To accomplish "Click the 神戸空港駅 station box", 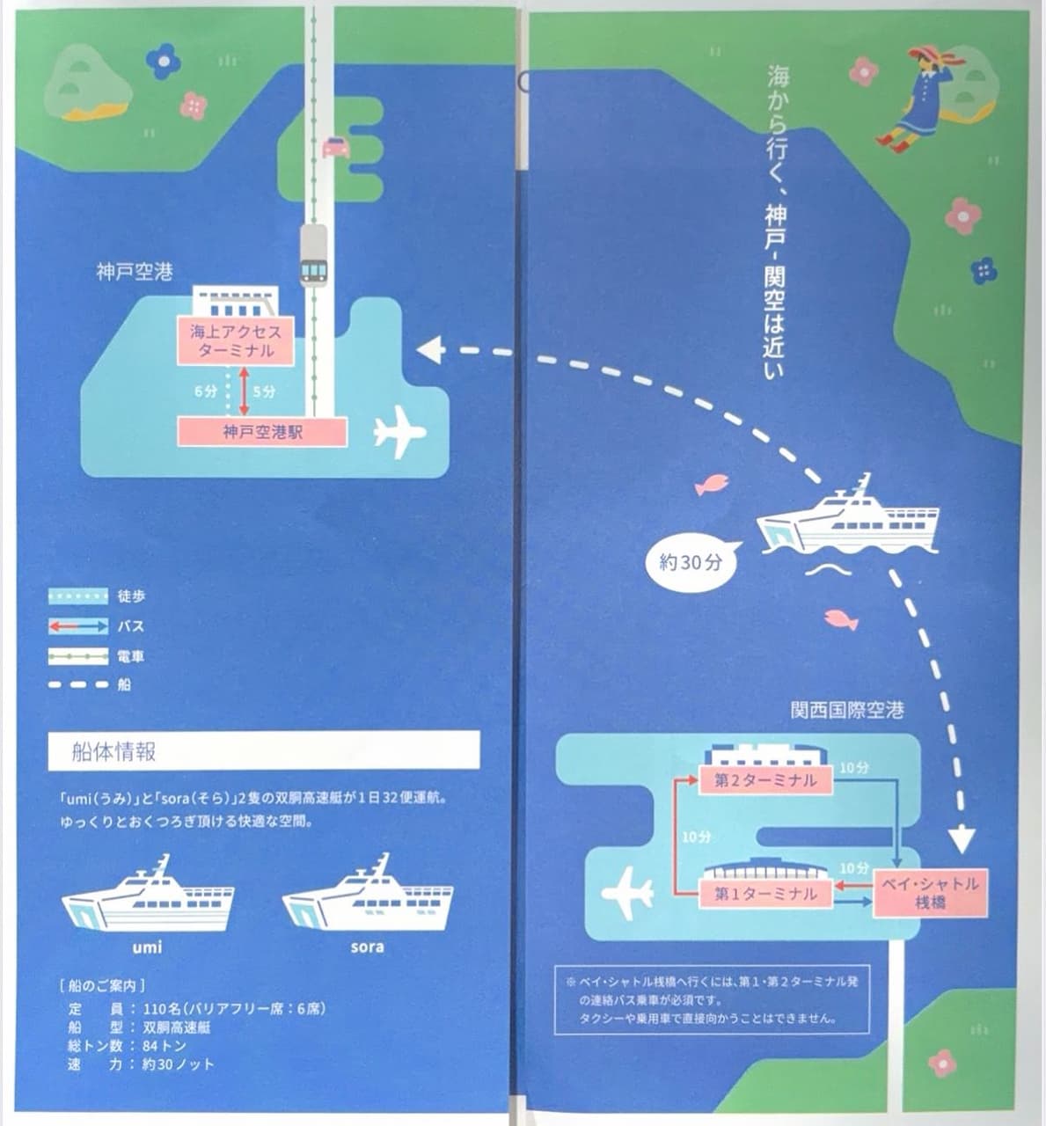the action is tap(262, 432).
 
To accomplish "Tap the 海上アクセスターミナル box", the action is tap(236, 340).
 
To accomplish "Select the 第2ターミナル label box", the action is tap(765, 780).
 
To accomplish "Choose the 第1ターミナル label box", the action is tap(765, 895).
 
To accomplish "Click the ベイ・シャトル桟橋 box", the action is tap(930, 893).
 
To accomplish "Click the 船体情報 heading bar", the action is tap(264, 751).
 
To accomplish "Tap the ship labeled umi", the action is tap(148, 894).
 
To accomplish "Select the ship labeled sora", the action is tap(368, 893).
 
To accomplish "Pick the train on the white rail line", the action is tap(314, 256).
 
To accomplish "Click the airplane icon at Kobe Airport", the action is tap(399, 431).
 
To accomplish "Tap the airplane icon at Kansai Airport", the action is tap(626, 894).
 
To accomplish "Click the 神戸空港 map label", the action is tap(135, 272).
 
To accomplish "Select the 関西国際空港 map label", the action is tap(847, 711).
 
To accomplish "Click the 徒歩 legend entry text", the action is tap(131, 596).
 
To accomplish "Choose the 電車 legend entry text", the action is tap(130, 657).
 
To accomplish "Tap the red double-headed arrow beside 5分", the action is tap(244, 391).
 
